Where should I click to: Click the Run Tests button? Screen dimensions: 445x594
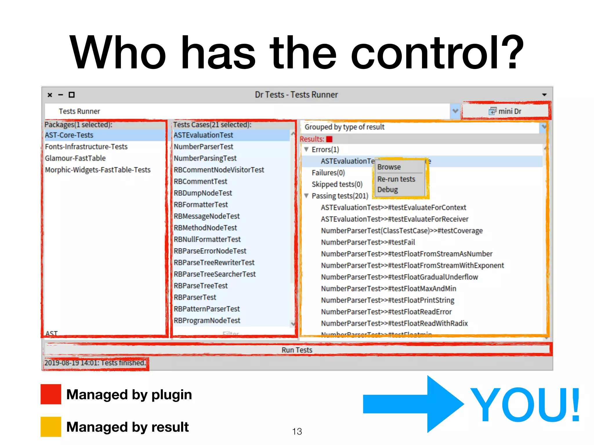tap(297, 350)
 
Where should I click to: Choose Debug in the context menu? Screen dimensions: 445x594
tap(387, 190)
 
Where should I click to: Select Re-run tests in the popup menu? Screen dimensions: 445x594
tap(396, 179)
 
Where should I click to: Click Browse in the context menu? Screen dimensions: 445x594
tap(389, 167)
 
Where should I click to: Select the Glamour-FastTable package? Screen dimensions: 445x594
tap(75, 158)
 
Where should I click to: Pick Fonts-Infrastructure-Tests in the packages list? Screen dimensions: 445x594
tap(86, 147)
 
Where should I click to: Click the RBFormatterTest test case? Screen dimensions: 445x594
tap(201, 205)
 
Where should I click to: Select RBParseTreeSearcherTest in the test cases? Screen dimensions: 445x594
tap(215, 274)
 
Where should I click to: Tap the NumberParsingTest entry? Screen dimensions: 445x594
tap(205, 158)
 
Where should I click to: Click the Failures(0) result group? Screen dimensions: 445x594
tap(328, 173)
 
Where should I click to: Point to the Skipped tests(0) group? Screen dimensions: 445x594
tap(337, 184)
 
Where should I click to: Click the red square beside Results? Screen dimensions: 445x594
tap(329, 139)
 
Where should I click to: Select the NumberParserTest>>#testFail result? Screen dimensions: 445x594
tap(368, 242)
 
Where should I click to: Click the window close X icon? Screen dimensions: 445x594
tap(50, 95)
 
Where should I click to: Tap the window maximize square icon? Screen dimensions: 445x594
tap(72, 95)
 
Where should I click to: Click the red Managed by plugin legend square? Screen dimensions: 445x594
tap(51, 394)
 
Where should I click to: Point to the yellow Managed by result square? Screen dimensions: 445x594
tap(51, 426)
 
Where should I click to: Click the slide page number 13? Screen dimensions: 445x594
tap(297, 431)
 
